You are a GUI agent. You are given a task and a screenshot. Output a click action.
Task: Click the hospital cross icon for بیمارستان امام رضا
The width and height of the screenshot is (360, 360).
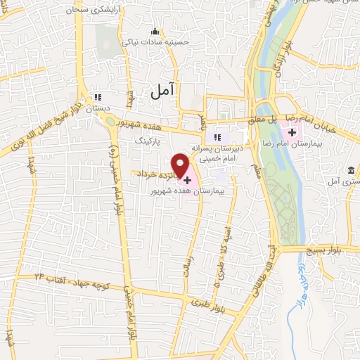pos(291,132)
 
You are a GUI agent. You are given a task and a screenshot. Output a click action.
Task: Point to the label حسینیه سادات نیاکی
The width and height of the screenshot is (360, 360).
pos(156,42)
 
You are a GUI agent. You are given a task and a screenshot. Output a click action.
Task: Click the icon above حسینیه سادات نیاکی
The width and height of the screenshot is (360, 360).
pos(155,31)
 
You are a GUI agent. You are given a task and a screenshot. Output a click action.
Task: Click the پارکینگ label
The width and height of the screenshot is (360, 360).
pos(150,141)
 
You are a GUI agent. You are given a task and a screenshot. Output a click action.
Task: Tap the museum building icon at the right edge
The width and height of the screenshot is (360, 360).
pos(350,169)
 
